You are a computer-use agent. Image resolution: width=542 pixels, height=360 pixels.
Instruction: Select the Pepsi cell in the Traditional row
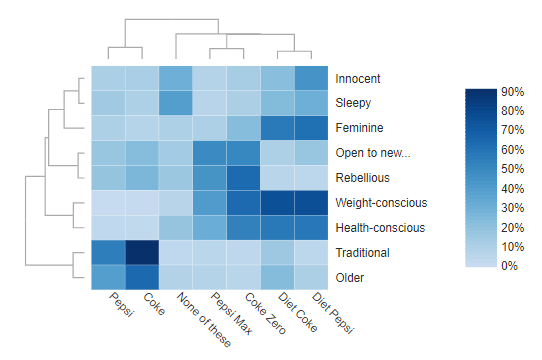pyautogui.click(x=109, y=252)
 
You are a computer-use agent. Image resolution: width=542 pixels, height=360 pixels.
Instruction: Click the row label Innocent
pyautogui.click(x=358, y=79)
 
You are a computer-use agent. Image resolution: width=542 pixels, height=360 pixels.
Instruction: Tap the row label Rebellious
pyautogui.click(x=362, y=179)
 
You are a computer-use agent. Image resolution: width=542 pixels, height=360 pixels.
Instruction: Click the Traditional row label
pyautogui.click(x=363, y=253)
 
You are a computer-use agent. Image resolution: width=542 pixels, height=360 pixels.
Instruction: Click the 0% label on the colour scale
pyautogui.click(x=509, y=266)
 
